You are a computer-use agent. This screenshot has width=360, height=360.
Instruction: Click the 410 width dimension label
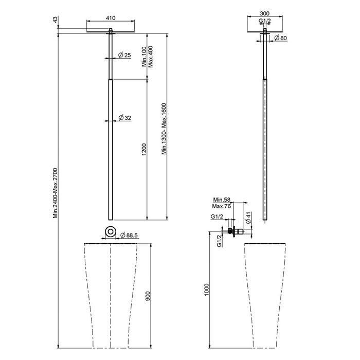pos(111,17)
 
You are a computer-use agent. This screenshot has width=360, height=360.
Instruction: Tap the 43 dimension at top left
pos(55,20)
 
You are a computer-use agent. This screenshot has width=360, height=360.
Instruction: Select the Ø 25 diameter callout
pos(124,55)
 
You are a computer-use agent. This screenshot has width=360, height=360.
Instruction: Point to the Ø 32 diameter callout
pos(124,118)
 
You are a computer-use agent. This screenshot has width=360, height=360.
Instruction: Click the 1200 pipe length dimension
pos(143,149)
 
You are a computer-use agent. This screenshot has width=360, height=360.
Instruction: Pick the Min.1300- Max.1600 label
pos(164,129)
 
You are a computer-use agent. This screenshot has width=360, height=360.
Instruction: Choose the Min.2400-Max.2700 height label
pos(56,193)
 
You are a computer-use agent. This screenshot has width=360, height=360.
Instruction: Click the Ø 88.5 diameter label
pos(129,235)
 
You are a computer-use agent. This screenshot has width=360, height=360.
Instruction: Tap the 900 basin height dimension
pos(148,296)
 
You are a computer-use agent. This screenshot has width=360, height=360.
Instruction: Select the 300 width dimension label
pos(264,13)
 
